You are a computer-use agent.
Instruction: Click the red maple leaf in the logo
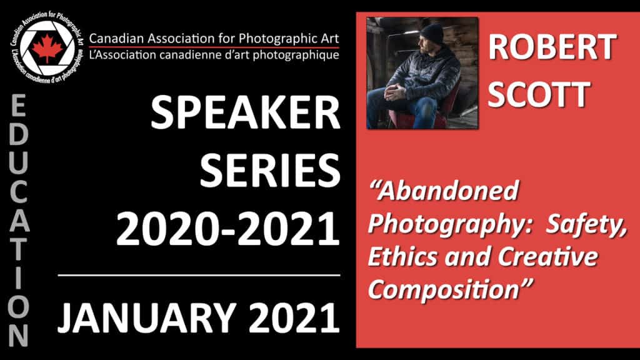coord(47,48)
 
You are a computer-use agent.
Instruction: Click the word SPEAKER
coord(245,113)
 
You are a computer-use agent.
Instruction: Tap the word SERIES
coord(270,171)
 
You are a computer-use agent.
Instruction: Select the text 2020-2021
coord(227,229)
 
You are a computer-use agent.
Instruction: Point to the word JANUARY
coord(147,317)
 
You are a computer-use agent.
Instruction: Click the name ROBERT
coord(552,47)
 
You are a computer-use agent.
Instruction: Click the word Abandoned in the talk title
coord(444,191)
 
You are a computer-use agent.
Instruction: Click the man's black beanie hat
coord(432,34)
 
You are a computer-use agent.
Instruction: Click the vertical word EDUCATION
coord(18,221)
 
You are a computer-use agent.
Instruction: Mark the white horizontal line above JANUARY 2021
coord(199,276)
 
